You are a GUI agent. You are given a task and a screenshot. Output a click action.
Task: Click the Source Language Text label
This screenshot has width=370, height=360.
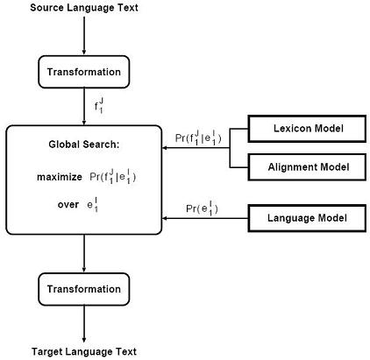coord(84,8)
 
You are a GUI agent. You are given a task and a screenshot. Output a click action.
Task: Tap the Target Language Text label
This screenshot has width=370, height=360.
coord(84,351)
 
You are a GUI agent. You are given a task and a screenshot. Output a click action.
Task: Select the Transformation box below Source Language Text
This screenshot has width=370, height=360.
coord(84,72)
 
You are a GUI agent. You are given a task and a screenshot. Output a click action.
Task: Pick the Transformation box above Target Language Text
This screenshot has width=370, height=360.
coord(84,289)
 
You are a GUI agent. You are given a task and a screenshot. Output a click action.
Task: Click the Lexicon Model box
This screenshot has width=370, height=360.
coord(307,129)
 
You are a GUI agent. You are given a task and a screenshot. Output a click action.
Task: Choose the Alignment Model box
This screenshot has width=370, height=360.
coord(307,167)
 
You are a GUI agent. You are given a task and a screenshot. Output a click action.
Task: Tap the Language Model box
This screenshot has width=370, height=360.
coord(307,218)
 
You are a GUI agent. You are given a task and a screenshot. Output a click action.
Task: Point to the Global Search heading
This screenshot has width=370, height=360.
coord(84,145)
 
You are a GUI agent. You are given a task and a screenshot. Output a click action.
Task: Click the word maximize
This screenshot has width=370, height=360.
coord(60,177)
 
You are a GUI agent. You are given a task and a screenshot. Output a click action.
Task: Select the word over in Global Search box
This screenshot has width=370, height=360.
coord(68,204)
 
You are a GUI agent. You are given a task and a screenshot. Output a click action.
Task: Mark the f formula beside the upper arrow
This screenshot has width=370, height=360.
coord(99,106)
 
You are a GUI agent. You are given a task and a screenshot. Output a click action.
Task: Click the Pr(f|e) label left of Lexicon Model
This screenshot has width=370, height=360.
coord(198,138)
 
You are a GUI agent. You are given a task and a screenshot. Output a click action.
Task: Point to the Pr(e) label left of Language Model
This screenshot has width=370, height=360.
coord(202,208)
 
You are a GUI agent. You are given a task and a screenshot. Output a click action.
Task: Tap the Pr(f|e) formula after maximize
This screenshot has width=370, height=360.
coord(113,177)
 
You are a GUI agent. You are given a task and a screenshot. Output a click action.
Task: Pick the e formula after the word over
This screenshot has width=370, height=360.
coord(93,205)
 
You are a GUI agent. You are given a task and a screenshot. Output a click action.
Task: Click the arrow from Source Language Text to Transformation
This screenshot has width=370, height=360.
coord(84,35)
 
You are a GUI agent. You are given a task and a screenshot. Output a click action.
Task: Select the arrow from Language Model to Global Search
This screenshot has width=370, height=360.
coord(205,218)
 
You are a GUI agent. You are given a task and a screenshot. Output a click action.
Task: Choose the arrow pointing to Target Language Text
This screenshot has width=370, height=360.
coord(84,324)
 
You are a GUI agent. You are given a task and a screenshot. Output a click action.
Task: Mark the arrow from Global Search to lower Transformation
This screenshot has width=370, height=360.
coord(84,253)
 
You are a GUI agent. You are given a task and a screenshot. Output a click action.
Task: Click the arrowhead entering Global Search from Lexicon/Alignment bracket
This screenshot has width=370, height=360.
coord(165,148)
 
